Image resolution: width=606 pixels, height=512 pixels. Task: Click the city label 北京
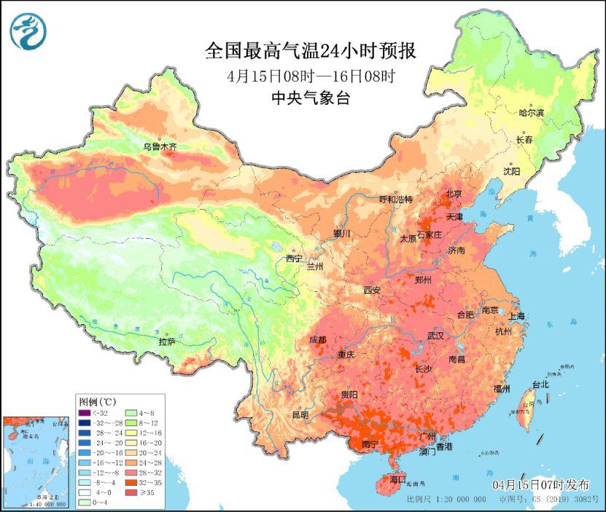(x=454, y=194)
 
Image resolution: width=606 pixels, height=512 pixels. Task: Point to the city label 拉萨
(x=167, y=341)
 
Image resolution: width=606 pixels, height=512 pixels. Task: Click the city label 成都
(x=318, y=339)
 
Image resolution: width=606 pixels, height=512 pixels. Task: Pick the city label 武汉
(x=435, y=336)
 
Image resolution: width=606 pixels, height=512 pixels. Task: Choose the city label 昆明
(x=300, y=415)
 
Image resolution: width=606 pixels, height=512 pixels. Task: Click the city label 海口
(x=397, y=480)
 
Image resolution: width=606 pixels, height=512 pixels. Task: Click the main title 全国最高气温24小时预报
(x=310, y=52)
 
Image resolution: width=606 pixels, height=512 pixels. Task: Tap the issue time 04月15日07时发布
(x=540, y=485)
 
